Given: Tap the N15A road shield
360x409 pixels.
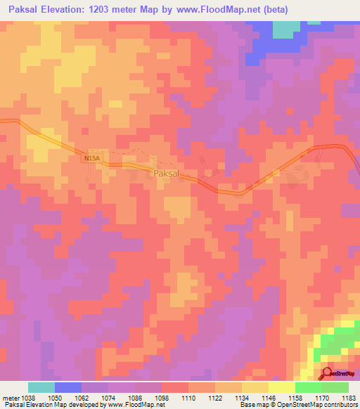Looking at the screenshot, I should click(x=92, y=160).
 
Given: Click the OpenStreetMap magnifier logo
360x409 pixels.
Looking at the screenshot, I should click(x=328, y=374).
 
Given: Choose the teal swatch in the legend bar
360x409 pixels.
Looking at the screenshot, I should click(x=41, y=387).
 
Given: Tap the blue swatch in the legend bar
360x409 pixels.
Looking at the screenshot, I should click(x=68, y=387).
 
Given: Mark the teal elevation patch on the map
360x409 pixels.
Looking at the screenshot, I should click(x=285, y=29).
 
